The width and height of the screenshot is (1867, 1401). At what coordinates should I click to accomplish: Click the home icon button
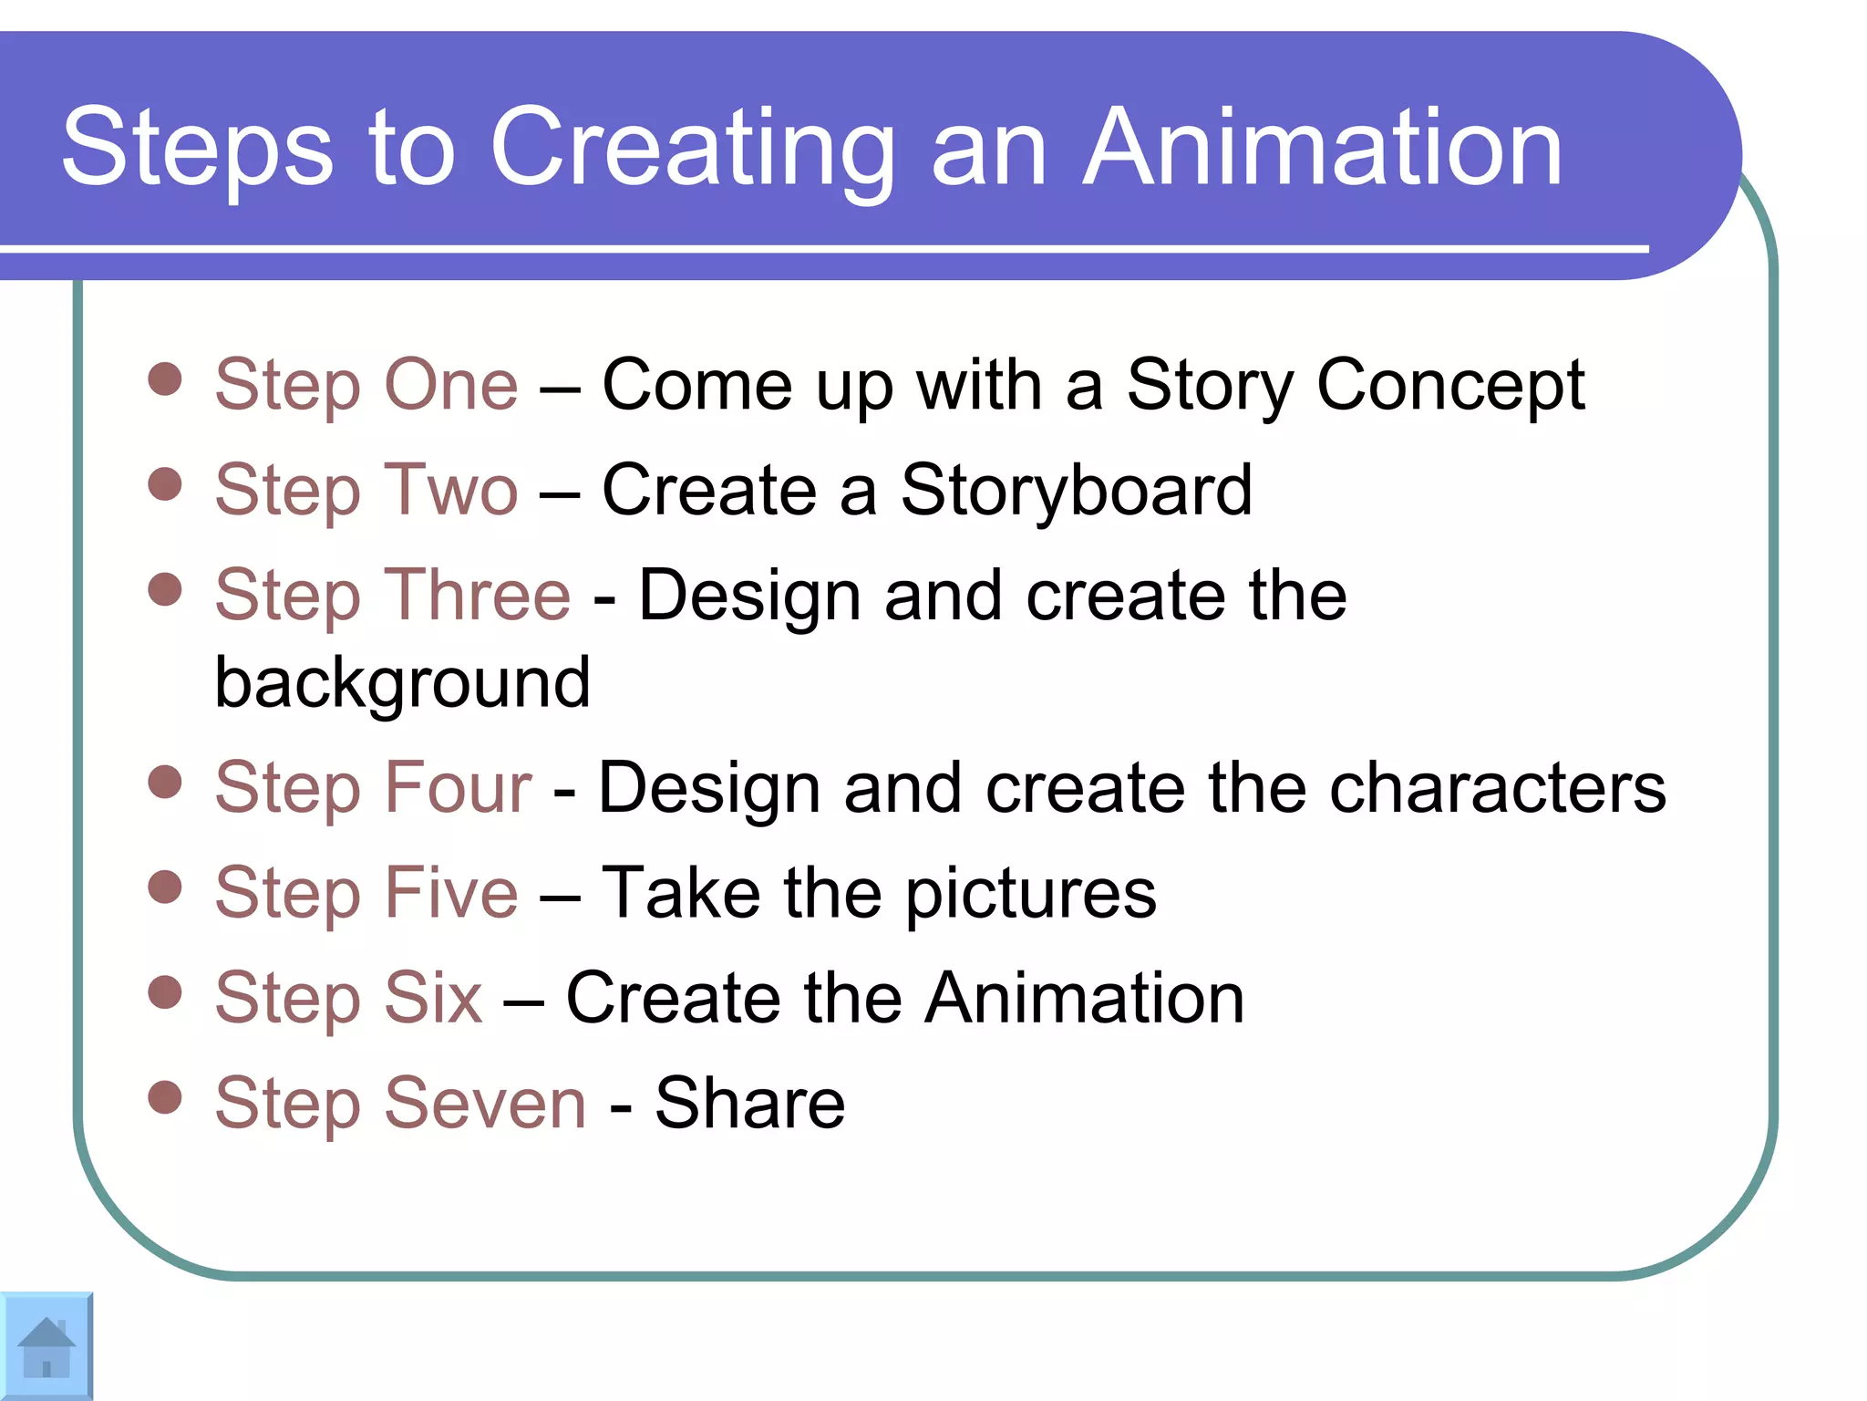click(x=46, y=1347)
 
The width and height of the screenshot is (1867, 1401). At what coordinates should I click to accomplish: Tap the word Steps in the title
click(x=197, y=148)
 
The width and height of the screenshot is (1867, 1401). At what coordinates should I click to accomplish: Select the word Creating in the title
click(x=693, y=148)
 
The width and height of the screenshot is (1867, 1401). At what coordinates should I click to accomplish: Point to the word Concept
click(x=1450, y=386)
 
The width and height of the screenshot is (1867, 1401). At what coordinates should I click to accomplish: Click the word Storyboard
click(x=1076, y=491)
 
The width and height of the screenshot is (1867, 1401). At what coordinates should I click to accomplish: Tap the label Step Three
click(x=393, y=596)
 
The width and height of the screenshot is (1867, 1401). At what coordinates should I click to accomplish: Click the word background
click(x=402, y=682)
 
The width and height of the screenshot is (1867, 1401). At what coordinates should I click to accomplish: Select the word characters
click(x=1498, y=788)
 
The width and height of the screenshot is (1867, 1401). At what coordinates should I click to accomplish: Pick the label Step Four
click(x=373, y=788)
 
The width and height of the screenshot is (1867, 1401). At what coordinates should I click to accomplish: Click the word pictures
click(x=1030, y=893)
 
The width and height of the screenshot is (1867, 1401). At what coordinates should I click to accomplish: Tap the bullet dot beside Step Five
click(x=165, y=886)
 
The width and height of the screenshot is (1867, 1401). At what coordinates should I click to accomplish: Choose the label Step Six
click(x=348, y=998)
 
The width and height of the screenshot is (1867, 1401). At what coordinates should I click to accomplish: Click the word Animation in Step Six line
click(x=1085, y=998)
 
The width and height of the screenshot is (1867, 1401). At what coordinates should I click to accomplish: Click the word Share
click(x=749, y=1103)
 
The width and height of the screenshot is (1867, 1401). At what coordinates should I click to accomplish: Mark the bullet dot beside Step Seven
click(x=165, y=1096)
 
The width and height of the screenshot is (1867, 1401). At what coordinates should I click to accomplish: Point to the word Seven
click(x=485, y=1103)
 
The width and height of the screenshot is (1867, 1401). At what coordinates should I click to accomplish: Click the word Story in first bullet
click(x=1209, y=386)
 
